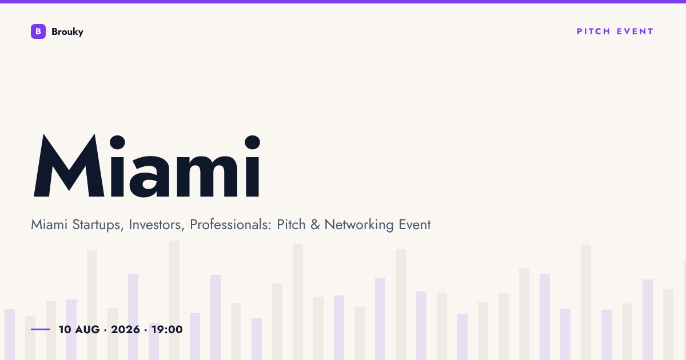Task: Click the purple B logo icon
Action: click(x=38, y=31)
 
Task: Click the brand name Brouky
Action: click(x=67, y=32)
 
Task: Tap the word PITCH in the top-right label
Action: click(x=593, y=31)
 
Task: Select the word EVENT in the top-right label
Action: click(x=635, y=31)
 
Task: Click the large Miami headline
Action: click(x=147, y=166)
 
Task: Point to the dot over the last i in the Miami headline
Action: click(x=253, y=142)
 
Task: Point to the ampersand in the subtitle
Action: click(x=315, y=225)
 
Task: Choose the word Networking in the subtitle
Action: click(x=359, y=225)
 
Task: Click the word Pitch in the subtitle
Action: click(x=291, y=225)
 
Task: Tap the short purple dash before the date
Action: click(x=41, y=329)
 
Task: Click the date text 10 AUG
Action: click(x=79, y=330)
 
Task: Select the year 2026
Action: click(x=125, y=330)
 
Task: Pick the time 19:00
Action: click(x=167, y=330)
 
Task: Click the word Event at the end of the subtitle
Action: click(x=414, y=225)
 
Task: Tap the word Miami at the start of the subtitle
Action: click(x=49, y=225)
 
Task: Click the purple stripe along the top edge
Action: click(x=343, y=2)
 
